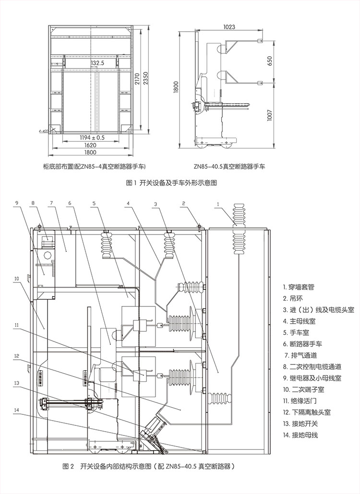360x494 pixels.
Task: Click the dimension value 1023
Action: [x=229, y=27]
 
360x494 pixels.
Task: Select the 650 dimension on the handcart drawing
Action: [x=270, y=61]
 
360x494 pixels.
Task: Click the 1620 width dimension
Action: [x=91, y=145]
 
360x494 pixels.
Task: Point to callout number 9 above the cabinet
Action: [x=16, y=203]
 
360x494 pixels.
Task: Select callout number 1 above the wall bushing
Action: [x=218, y=203]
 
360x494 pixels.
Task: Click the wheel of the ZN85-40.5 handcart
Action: [x=229, y=142]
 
